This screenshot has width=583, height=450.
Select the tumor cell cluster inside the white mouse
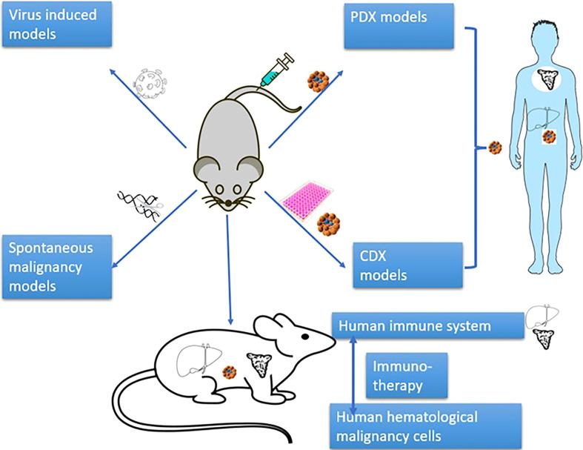[231, 368]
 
